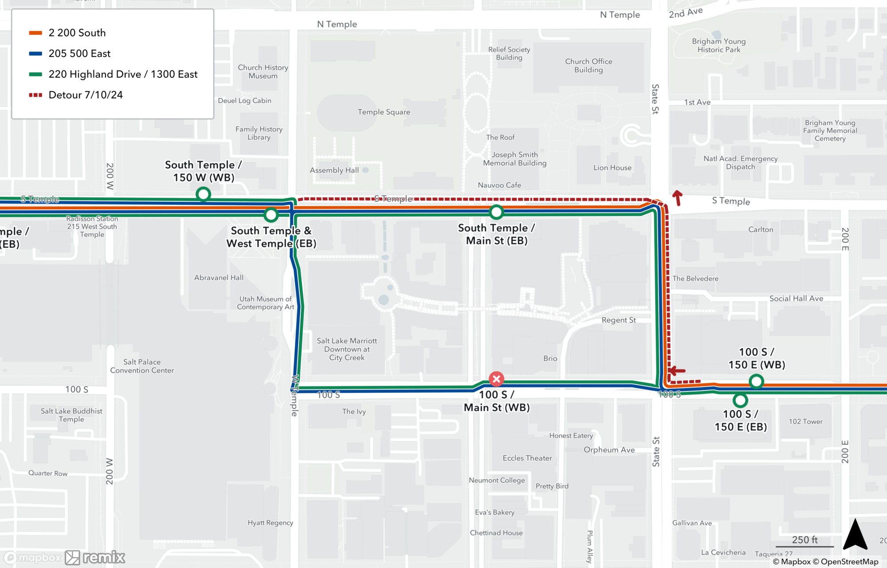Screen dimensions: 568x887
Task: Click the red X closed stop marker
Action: pos(496,379)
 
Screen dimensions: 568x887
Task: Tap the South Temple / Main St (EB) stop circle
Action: pos(496,212)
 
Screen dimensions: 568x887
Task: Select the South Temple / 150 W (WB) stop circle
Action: pos(203,194)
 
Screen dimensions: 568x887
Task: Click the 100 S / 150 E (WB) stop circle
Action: pos(756,381)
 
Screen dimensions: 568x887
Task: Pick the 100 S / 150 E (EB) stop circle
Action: pos(740,400)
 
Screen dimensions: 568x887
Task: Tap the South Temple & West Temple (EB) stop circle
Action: pos(271,215)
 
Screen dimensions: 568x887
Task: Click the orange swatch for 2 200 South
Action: pos(35,33)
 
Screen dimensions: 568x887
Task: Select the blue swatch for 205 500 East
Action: pos(35,54)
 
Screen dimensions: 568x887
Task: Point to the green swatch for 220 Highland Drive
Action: pos(35,74)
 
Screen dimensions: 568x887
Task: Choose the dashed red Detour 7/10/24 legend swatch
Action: pos(35,95)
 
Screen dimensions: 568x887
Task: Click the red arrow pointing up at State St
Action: pos(677,198)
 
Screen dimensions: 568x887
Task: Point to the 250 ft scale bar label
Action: pos(805,540)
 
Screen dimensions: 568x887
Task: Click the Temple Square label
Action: pos(384,112)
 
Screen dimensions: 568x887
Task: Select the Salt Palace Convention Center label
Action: pos(142,366)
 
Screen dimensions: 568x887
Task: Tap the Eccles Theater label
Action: pos(527,458)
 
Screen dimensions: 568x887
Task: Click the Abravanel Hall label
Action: pos(219,278)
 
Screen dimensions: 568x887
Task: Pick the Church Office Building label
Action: pos(589,66)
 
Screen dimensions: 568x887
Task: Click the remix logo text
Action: pos(104,557)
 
